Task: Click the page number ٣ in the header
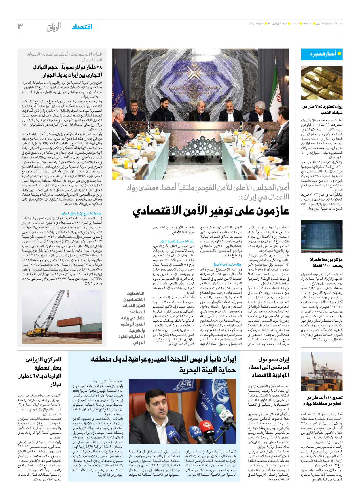point(20,26)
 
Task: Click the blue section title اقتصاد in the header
point(82,27)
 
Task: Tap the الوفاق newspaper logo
point(54,27)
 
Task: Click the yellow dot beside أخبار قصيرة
point(339,53)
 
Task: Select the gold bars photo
point(322,83)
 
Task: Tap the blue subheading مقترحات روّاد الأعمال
point(227,264)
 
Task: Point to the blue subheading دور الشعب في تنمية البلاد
point(177,241)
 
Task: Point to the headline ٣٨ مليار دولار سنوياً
point(67,71)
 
